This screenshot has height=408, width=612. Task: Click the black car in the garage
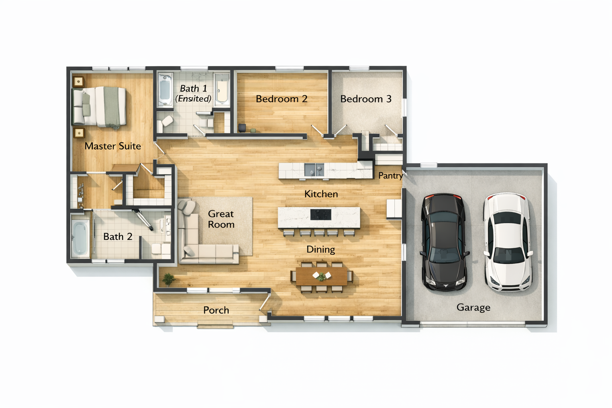click(x=444, y=242)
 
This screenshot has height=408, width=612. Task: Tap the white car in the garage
click(x=508, y=242)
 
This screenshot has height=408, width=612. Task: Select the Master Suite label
click(x=113, y=146)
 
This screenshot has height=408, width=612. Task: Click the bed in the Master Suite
click(x=99, y=107)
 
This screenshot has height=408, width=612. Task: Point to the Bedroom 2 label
click(x=282, y=99)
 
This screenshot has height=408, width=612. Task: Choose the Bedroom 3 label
click(x=366, y=99)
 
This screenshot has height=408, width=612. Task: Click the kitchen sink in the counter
click(x=314, y=170)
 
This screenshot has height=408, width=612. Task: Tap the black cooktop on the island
click(x=321, y=214)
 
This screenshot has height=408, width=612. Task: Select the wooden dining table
click(x=322, y=276)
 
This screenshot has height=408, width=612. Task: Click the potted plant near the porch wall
click(x=169, y=280)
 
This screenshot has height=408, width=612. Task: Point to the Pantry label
click(x=390, y=176)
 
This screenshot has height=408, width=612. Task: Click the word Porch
click(x=216, y=310)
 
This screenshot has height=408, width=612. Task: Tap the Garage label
click(x=473, y=308)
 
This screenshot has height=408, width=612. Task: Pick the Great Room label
click(x=221, y=219)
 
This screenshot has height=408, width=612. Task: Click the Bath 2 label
click(x=118, y=236)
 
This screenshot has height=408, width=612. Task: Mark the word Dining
click(x=321, y=249)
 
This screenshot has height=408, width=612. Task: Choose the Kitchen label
click(x=321, y=194)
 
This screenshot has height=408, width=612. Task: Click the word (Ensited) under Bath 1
click(x=193, y=98)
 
